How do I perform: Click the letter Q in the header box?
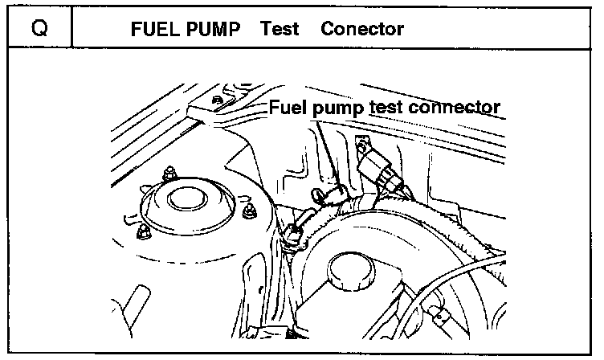(38, 30)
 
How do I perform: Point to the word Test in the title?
(280, 30)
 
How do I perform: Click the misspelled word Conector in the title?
(361, 30)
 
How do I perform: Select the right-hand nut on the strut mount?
(250, 211)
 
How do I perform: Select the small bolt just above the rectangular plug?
(362, 145)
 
